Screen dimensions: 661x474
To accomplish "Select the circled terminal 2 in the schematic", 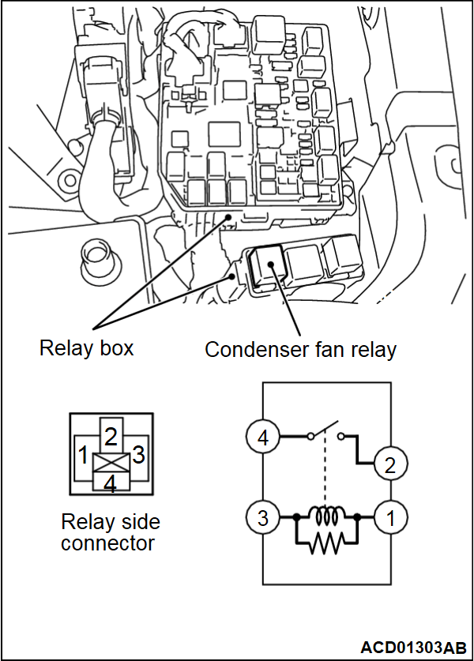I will [x=389, y=464].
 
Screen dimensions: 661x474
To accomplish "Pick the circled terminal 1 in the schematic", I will [x=389, y=518].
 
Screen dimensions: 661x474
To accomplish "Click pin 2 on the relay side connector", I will [x=111, y=434].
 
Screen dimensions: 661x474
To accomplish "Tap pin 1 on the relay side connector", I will [x=82, y=456].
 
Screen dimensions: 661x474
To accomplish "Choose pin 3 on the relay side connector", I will [x=138, y=456].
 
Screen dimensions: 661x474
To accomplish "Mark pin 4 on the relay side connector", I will [x=111, y=483].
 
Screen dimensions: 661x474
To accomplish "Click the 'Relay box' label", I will [x=87, y=347].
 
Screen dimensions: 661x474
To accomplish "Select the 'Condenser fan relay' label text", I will [x=300, y=350].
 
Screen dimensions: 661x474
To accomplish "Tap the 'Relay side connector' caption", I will [x=111, y=532].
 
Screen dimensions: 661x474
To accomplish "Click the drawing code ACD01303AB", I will [x=413, y=648].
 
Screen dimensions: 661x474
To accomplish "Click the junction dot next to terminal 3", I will [x=295, y=518].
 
